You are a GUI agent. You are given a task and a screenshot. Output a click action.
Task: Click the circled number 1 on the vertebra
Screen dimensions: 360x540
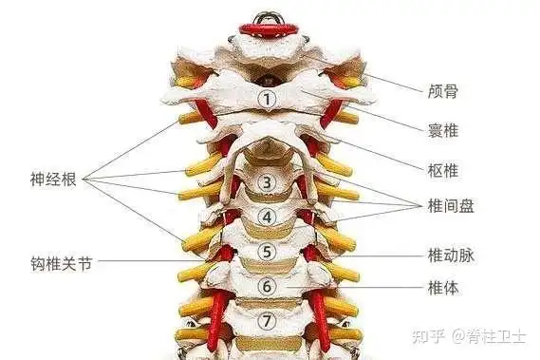(268, 98)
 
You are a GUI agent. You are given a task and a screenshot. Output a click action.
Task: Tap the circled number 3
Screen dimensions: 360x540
(268, 181)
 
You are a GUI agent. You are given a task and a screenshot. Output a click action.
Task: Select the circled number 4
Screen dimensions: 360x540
(268, 217)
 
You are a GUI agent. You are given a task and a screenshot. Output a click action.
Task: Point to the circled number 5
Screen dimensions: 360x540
(268, 252)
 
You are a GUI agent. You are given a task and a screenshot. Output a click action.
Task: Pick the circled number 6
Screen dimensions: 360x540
(268, 285)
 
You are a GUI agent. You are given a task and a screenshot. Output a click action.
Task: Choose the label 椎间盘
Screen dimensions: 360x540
(450, 205)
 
